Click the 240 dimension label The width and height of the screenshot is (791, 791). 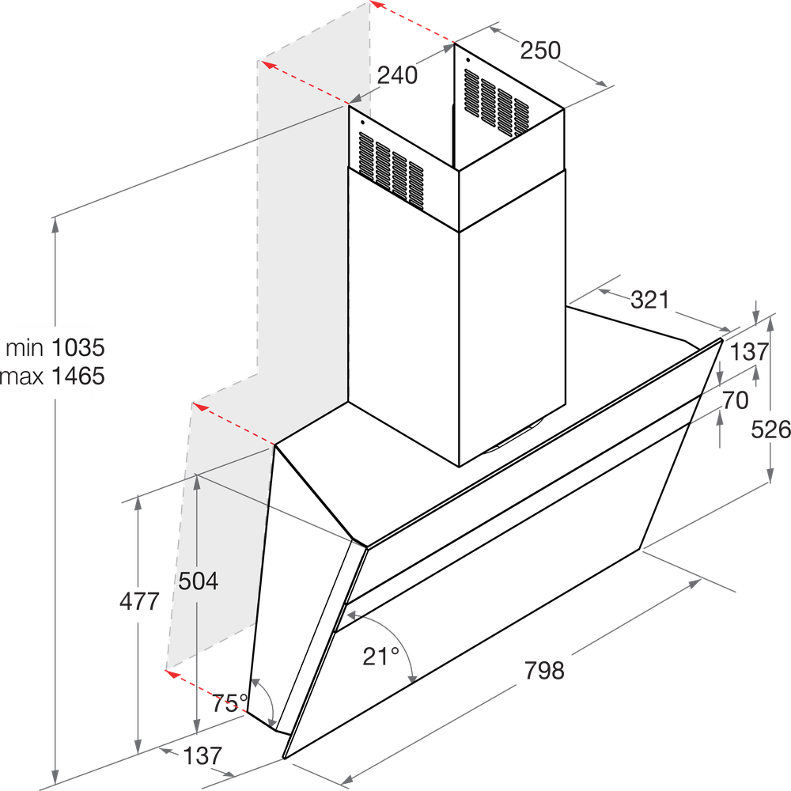pyautogui.click(x=396, y=75)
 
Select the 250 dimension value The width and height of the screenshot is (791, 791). pyautogui.click(x=540, y=51)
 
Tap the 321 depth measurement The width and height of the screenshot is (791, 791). pyautogui.click(x=650, y=300)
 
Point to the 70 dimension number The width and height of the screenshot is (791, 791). pyautogui.click(x=736, y=400)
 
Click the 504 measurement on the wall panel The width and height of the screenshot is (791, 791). pyautogui.click(x=198, y=581)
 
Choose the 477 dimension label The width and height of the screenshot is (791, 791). pyautogui.click(x=140, y=601)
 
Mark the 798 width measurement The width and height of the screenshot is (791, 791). pyautogui.click(x=544, y=671)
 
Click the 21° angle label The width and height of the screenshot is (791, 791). pyautogui.click(x=381, y=655)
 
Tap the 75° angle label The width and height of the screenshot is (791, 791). pyautogui.click(x=230, y=700)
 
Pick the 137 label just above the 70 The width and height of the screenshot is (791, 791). pyautogui.click(x=748, y=353)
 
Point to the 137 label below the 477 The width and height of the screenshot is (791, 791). pyautogui.click(x=202, y=755)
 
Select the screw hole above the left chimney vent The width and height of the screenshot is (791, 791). pyautogui.click(x=361, y=123)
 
